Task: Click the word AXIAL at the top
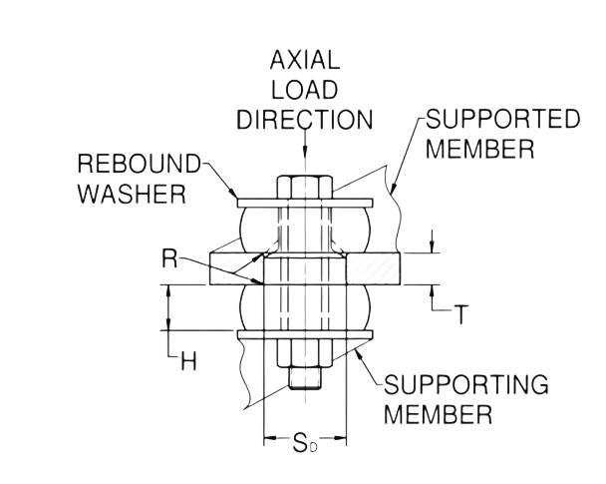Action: coord(305,60)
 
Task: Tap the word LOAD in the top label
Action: coord(305,90)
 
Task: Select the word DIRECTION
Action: coord(305,119)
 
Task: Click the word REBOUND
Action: coord(140,164)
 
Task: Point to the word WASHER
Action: coord(133,194)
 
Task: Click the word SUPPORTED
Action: coord(503,119)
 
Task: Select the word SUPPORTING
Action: coord(466,384)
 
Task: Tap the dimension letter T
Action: coord(460,314)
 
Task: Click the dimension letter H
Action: coord(189,362)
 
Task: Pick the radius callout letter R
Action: coord(169,258)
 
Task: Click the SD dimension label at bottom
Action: coord(305,443)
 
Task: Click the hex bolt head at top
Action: coord(305,188)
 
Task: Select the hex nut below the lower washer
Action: coord(305,353)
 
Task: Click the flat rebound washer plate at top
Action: coord(305,204)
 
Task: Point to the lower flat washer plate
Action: coord(305,335)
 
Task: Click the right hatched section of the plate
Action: coord(374,268)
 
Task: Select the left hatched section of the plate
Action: coord(236,268)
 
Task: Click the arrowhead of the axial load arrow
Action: coord(305,151)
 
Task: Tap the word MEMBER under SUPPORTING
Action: coord(439,414)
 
